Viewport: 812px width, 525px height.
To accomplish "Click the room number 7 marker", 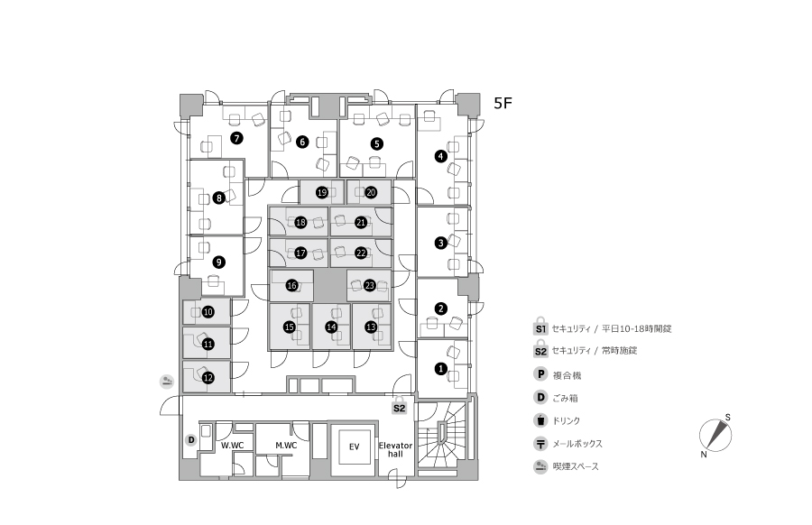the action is tap(236, 138).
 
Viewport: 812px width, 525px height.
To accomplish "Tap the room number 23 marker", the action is tap(369, 285).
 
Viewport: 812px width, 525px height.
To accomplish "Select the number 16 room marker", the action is tap(291, 285).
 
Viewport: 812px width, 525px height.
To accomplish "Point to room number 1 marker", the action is tap(440, 369).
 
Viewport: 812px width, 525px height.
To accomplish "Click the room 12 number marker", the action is tap(208, 378).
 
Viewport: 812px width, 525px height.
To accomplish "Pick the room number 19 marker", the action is tap(322, 193).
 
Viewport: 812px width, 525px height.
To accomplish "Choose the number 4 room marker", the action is tap(440, 156).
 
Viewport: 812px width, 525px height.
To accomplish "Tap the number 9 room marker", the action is tap(218, 262).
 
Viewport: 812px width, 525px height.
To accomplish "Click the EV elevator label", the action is tap(355, 447).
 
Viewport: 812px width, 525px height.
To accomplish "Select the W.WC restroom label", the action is tap(233, 446).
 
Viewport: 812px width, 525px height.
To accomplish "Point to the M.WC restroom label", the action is tap(286, 446).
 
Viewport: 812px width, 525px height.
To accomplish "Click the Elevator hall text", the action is tap(395, 449).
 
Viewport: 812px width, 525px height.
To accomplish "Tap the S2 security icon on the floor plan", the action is tap(399, 406).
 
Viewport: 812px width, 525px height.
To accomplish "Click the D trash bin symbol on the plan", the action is tap(191, 440).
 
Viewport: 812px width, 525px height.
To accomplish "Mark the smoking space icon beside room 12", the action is tap(167, 382).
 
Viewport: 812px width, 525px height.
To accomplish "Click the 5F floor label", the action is tap(503, 103).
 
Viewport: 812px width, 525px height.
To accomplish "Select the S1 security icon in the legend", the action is tap(540, 327).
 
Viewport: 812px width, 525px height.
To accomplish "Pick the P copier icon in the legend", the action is tap(540, 374).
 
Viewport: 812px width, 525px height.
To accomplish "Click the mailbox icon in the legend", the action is tap(540, 444).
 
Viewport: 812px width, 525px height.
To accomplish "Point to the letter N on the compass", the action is tap(703, 455).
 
